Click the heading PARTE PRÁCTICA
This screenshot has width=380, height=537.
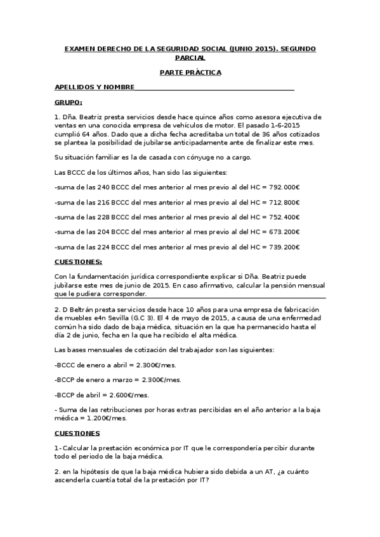point(190,72)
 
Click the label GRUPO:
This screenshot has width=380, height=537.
point(69,102)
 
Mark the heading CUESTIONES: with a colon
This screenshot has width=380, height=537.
point(79,262)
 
